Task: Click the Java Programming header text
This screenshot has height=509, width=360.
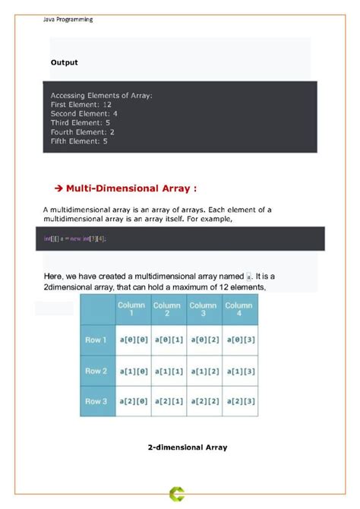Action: coord(68,20)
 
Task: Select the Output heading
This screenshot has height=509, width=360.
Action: coord(65,62)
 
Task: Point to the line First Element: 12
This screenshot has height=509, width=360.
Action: coord(81,104)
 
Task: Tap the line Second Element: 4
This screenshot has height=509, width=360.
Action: coord(84,113)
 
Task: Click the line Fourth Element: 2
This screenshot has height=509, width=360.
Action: coord(82,131)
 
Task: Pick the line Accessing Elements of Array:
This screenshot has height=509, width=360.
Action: coord(101,95)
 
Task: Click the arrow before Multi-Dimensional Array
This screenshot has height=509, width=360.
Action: coord(58,188)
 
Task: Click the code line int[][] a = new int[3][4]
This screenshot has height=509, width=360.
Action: coord(74,239)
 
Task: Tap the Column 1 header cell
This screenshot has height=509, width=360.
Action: coord(132,309)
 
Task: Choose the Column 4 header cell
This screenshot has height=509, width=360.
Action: coord(240,309)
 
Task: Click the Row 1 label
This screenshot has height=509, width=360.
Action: coord(96,340)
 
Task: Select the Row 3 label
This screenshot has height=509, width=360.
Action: coord(96,401)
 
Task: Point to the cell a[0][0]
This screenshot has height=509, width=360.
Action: coord(132,340)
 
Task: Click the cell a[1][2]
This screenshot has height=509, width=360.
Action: coord(204,371)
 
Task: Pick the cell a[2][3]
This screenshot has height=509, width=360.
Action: coord(240,401)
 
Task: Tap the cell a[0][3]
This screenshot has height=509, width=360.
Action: coord(240,340)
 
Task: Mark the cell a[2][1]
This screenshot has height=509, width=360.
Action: coord(168,401)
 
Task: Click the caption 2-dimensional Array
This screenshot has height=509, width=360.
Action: coord(187,447)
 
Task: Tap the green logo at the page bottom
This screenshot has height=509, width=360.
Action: coord(178,495)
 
